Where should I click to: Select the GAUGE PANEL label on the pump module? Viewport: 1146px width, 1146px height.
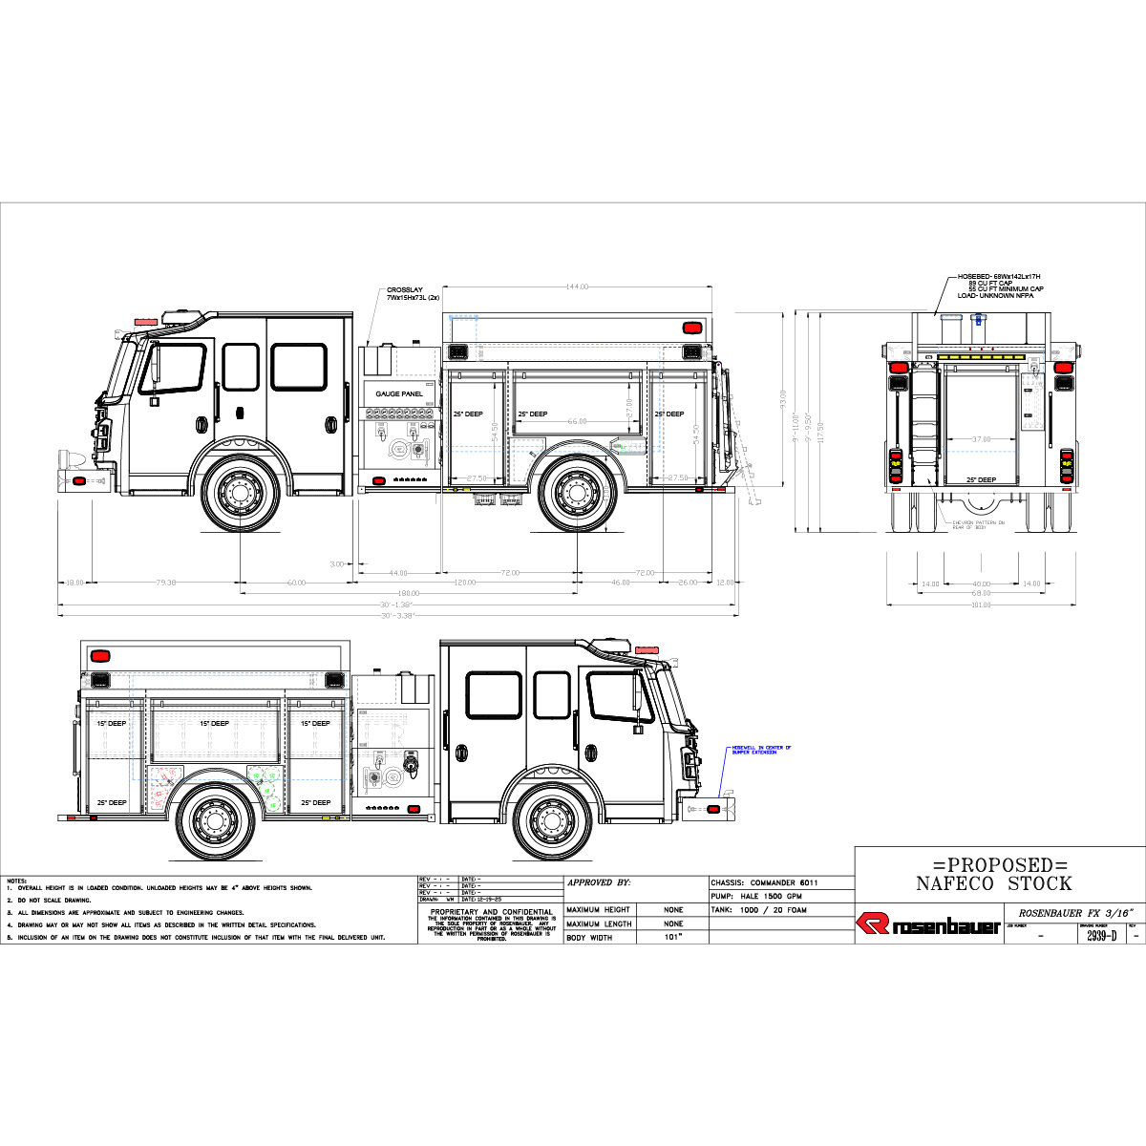click(x=399, y=393)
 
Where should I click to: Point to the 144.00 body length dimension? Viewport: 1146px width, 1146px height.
click(x=577, y=286)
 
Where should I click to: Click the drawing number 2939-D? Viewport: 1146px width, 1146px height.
click(x=1101, y=936)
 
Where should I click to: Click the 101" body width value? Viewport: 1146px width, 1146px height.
click(x=673, y=938)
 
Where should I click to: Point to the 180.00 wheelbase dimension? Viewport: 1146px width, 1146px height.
click(x=409, y=593)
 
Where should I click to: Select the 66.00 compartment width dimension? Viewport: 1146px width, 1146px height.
click(x=577, y=421)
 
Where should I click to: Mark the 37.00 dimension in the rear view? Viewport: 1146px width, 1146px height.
click(x=981, y=439)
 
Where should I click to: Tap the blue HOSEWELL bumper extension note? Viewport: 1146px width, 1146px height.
click(x=760, y=750)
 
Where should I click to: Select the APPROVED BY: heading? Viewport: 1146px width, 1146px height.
click(x=599, y=883)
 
